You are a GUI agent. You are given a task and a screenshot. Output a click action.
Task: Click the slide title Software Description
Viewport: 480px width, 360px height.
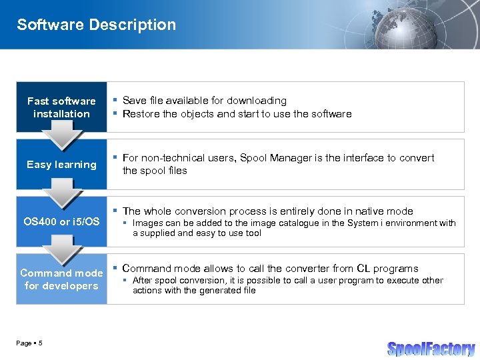tap(96, 25)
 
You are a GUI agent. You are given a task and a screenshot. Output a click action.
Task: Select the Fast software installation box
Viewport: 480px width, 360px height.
tap(61, 107)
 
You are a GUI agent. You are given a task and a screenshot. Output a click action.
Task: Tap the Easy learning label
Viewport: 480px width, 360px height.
tap(61, 165)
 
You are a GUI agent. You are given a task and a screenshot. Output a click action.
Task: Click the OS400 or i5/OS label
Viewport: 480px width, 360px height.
tap(61, 221)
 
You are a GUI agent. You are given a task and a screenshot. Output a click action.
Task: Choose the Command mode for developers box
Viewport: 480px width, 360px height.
tap(61, 279)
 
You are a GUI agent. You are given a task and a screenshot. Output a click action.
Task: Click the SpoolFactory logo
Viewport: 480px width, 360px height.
tap(431, 349)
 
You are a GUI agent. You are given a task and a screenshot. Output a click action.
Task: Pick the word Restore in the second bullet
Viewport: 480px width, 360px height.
tap(141, 114)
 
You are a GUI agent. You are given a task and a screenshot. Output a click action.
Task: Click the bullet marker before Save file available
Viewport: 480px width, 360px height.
tap(115, 100)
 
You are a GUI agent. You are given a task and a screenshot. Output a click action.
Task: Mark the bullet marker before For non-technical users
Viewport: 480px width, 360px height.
tap(115, 157)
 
